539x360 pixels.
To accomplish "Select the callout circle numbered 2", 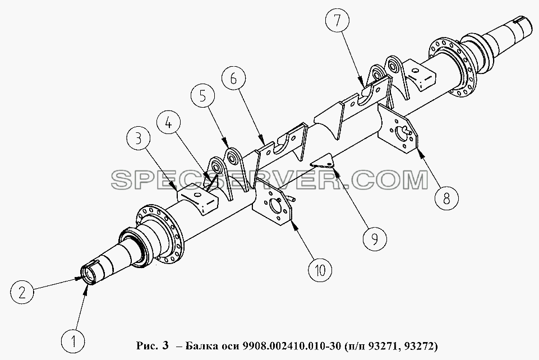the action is click(22, 293).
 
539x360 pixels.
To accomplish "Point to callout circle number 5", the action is click(203, 97).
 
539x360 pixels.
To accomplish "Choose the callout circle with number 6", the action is click(234, 79).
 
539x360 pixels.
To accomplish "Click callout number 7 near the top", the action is click(337, 21).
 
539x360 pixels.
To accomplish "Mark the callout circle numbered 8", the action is click(446, 198).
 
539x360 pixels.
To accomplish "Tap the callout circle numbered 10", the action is click(320, 270).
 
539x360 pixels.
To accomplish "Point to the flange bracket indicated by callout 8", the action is click(398, 129).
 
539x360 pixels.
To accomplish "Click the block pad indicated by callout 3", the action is click(198, 200).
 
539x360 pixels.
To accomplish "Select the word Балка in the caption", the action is click(198, 345).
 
